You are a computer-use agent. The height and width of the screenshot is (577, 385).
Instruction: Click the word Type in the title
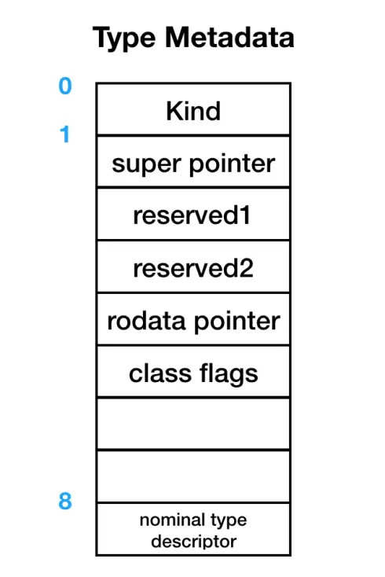click(x=124, y=39)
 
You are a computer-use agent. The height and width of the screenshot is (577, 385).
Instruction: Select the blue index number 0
click(x=65, y=86)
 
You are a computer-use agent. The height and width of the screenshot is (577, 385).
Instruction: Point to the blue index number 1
click(x=64, y=134)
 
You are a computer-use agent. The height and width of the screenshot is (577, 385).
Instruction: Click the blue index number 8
click(x=65, y=502)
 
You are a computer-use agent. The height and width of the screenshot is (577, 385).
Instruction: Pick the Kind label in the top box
click(x=193, y=111)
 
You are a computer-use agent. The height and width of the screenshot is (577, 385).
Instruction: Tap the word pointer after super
click(x=232, y=164)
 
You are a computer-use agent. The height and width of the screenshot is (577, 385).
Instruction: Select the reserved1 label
click(x=192, y=215)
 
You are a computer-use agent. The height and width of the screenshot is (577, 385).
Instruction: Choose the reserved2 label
click(x=193, y=268)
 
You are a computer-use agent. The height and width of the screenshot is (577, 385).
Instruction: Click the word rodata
click(x=146, y=321)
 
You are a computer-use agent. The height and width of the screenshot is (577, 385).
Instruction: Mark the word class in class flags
click(x=160, y=373)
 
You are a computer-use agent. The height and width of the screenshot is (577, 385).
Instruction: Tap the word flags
click(x=229, y=375)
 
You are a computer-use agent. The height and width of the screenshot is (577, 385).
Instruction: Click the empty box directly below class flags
click(x=193, y=424)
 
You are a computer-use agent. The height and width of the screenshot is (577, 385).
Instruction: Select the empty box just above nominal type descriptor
click(x=193, y=476)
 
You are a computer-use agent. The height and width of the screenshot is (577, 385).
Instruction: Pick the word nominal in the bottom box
click(x=167, y=520)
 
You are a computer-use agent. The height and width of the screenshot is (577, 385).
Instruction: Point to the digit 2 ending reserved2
click(x=247, y=268)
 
